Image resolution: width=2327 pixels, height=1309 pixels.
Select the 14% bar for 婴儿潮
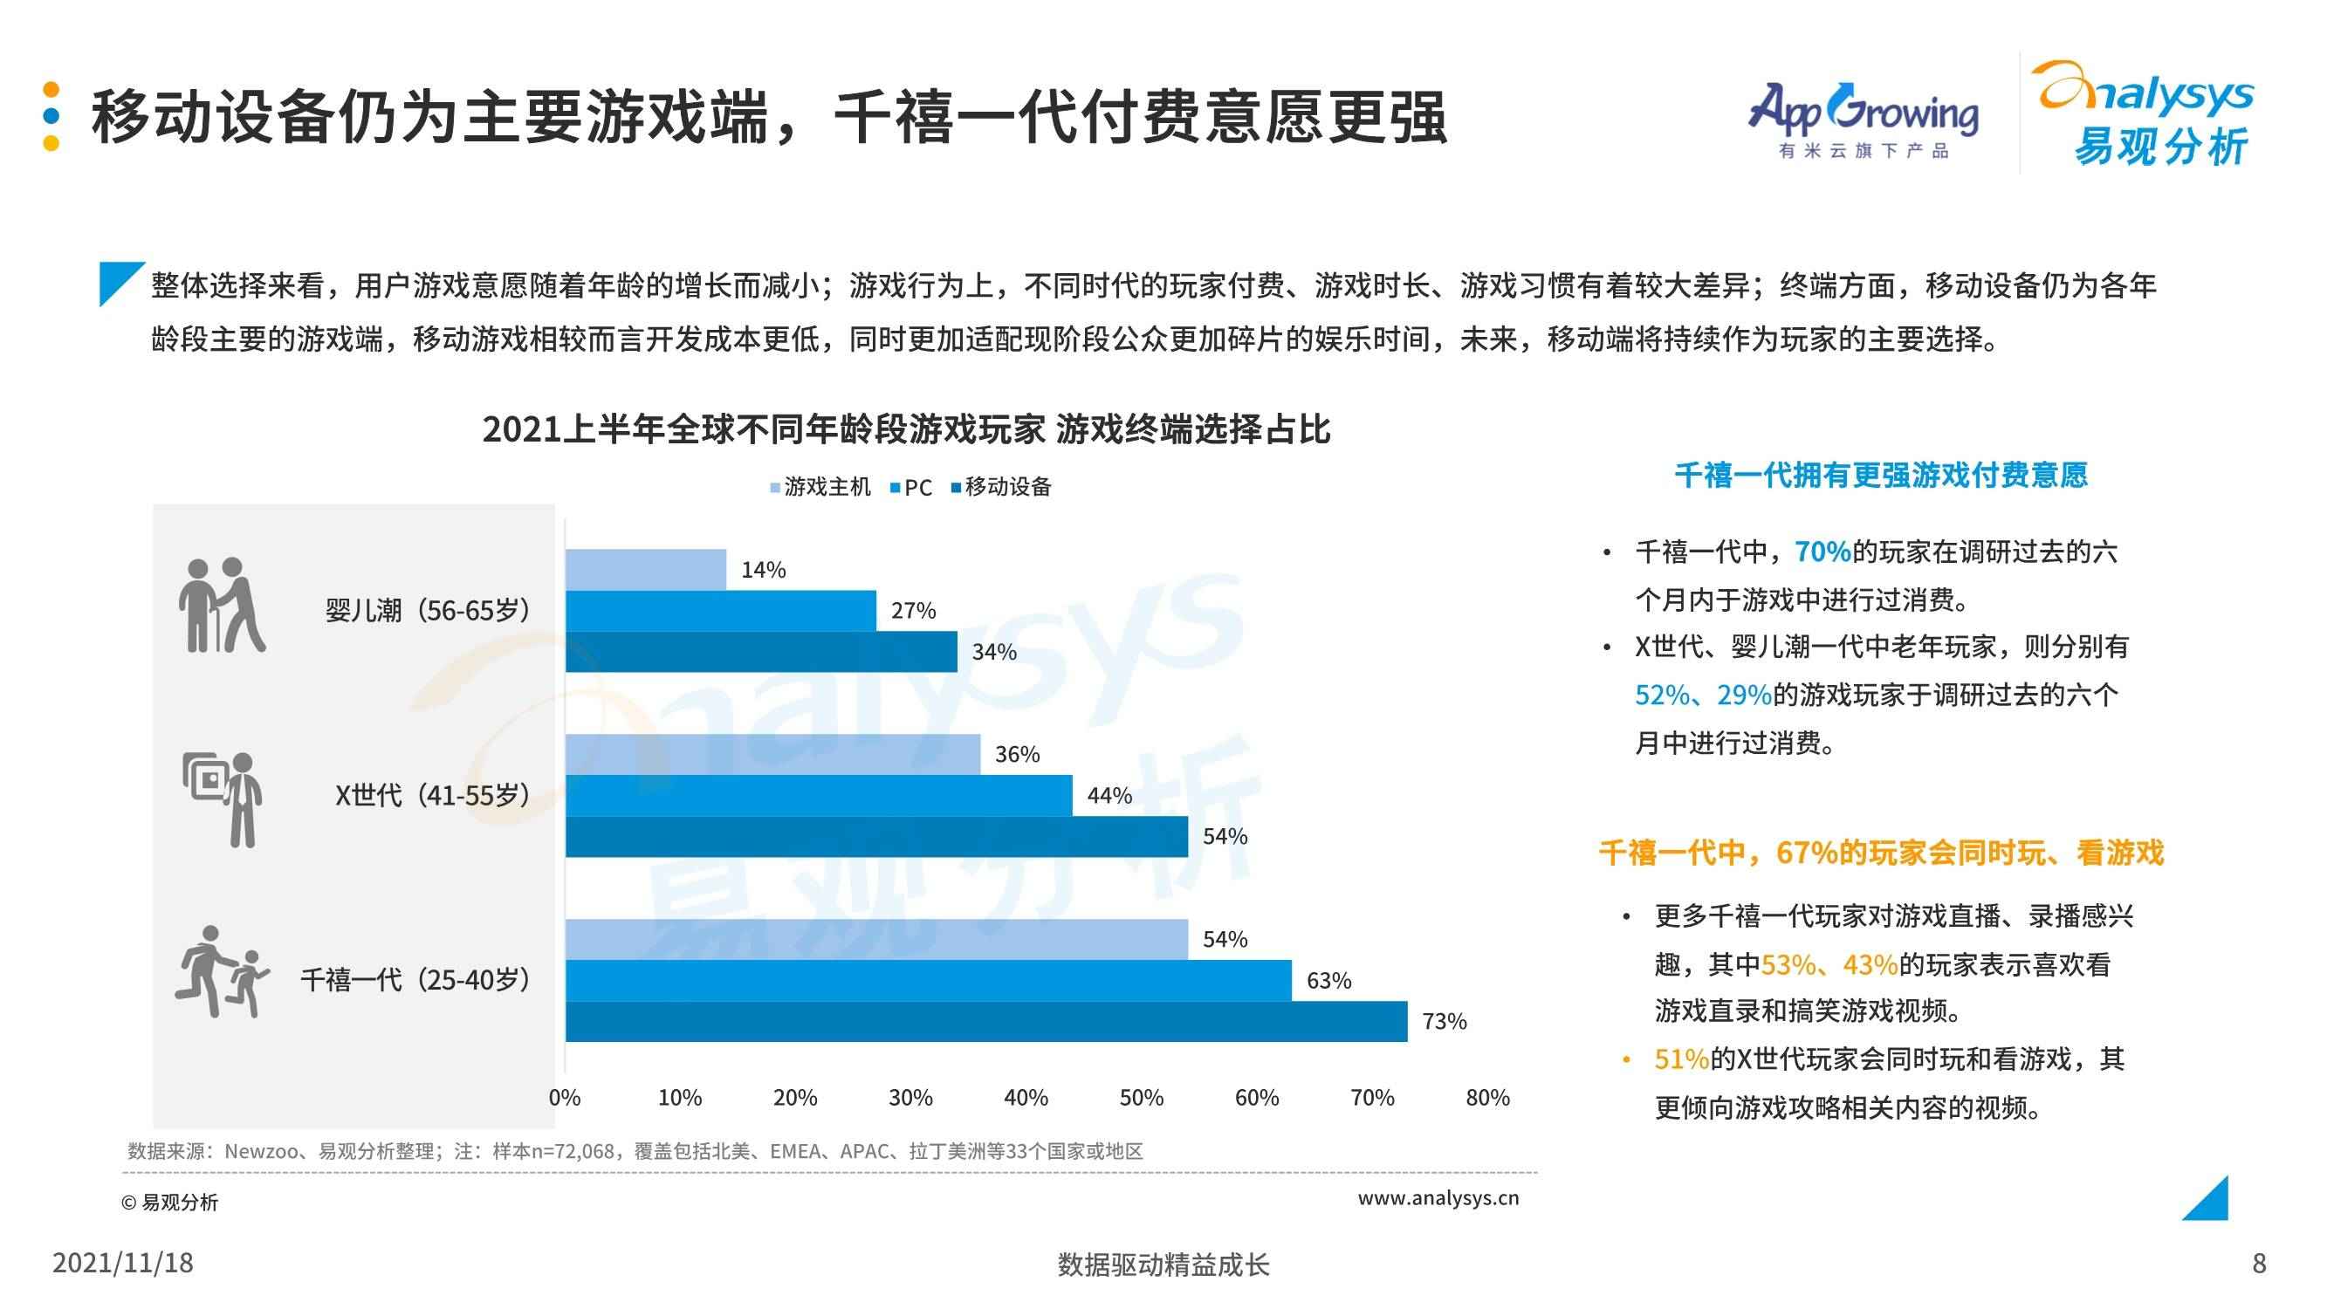646,569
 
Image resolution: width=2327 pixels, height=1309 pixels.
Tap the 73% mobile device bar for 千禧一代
985,1021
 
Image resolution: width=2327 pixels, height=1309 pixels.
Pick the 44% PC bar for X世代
819,795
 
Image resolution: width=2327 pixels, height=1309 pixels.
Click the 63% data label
1328,980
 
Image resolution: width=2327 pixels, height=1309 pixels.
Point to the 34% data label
993,651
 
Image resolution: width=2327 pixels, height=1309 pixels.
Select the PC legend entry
910,488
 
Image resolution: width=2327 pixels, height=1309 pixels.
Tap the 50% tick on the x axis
1141,1098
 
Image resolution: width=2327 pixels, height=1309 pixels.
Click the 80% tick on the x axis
1487,1098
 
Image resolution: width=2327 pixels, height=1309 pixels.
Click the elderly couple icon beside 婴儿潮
223,606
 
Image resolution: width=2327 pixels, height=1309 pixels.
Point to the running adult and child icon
223,972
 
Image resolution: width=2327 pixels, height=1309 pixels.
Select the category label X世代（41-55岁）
432,795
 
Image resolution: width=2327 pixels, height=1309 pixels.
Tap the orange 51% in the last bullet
1681,1059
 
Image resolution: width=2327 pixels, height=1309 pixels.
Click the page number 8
2258,1263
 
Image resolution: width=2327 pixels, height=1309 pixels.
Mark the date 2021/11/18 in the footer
123,1263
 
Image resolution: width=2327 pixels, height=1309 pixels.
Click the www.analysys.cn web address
1438,1198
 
